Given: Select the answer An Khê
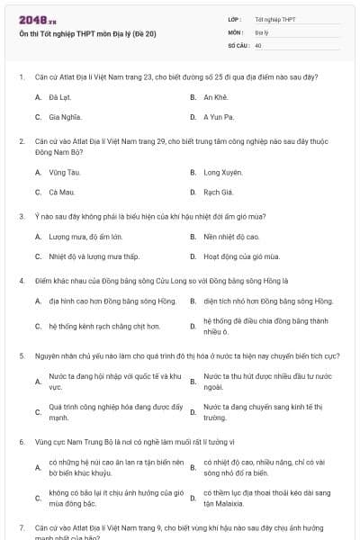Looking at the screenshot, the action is pyautogui.click(x=215, y=95).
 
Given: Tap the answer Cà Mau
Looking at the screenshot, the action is pyautogui.click(x=62, y=193).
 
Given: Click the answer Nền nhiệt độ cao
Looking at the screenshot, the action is pyautogui.click(x=231, y=237).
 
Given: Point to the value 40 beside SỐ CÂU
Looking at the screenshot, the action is pyautogui.click(x=258, y=44).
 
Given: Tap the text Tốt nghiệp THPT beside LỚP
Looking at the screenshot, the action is pyautogui.click(x=274, y=19).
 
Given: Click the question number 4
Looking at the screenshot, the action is pyautogui.click(x=21, y=280).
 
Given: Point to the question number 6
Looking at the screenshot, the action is pyautogui.click(x=21, y=442).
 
